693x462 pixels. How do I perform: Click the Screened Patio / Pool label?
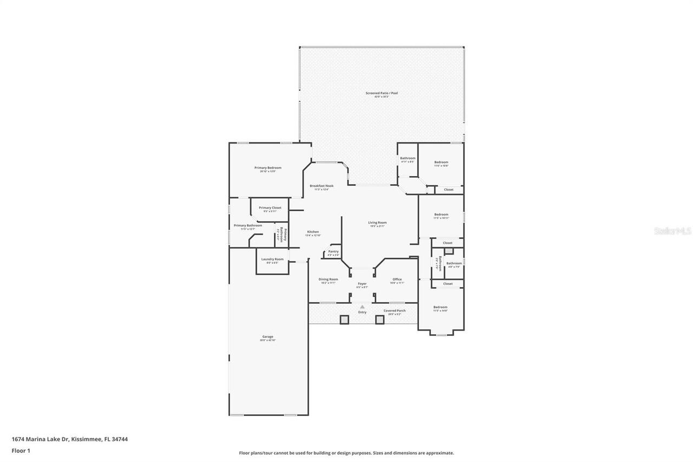[x=381, y=93]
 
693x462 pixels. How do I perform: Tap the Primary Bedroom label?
[x=267, y=168]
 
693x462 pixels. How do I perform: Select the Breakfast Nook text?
[x=322, y=186]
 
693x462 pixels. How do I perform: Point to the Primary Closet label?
[x=270, y=208]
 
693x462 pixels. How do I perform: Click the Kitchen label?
[x=313, y=232]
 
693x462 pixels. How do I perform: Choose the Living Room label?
[x=377, y=223]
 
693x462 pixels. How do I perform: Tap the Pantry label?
[x=334, y=251]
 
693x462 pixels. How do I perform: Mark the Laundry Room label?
[x=272, y=259]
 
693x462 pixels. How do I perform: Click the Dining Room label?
[x=328, y=279]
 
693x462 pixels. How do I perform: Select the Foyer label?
[x=362, y=284]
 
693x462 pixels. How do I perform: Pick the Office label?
[x=397, y=279]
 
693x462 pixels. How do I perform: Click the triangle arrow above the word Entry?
[x=362, y=306]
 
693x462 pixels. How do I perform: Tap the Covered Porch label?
[x=395, y=311]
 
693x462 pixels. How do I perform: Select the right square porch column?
[x=380, y=320]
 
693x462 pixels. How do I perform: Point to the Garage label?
[x=267, y=337]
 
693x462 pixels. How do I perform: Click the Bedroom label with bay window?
[x=441, y=307]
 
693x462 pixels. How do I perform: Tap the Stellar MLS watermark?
[x=672, y=231]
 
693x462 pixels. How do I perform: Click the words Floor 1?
[x=21, y=450]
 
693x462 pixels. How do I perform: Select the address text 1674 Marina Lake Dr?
[x=40, y=439]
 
